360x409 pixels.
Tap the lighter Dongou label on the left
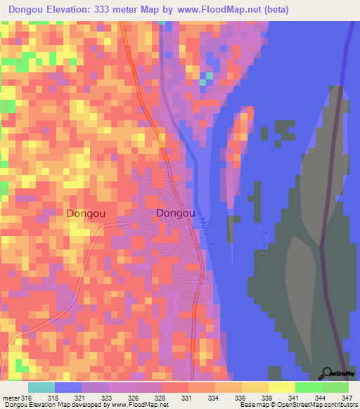coord(87,213)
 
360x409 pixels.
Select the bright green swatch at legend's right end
coord(335,388)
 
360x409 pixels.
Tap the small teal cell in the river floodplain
coord(204,82)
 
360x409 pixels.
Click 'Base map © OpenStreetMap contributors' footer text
coord(297,405)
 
